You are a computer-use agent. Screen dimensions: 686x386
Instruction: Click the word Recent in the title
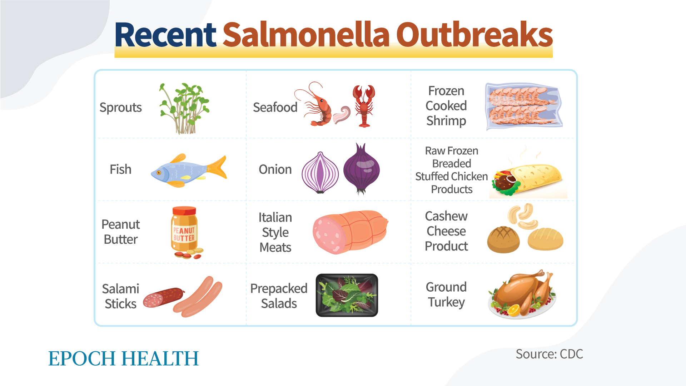coord(165,35)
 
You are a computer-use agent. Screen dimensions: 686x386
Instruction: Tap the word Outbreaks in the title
coord(474,35)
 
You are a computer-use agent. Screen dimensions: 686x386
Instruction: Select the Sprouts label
coord(120,108)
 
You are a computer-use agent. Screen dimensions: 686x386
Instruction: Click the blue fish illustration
coord(189,171)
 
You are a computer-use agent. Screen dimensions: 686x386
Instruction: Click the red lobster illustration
coord(364,106)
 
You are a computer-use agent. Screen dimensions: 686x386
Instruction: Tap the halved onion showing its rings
coord(320,173)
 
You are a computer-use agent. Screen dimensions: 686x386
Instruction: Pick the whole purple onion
coord(361,168)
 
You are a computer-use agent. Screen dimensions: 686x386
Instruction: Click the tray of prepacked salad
coord(347,295)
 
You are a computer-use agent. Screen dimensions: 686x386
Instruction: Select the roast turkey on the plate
coord(522,294)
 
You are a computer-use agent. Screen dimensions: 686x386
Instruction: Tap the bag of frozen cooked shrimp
coord(524,107)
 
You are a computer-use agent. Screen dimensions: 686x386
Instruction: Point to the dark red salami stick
coord(164,297)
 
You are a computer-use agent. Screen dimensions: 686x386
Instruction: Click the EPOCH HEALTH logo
coord(123,358)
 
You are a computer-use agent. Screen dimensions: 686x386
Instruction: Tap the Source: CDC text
coord(549,354)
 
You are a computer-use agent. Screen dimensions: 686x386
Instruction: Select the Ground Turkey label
coord(446,295)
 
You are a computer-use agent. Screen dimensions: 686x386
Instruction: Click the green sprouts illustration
coord(184,108)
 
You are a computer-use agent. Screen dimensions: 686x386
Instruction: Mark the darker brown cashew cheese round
coord(503,239)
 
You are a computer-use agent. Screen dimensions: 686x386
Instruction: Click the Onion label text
coord(275,169)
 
